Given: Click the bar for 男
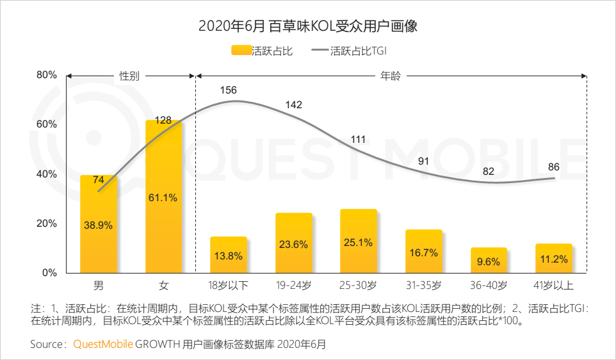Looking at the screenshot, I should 99,224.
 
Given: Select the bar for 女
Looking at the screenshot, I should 163,197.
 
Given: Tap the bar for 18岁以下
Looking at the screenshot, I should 229,255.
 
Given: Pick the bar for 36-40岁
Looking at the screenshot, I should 489,260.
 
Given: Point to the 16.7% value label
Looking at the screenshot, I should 423,253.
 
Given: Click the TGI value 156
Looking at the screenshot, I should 229,90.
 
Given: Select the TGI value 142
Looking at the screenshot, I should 294,104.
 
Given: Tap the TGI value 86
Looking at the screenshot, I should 554,167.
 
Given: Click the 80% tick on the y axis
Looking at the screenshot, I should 47,75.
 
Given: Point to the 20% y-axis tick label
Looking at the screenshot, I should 47,223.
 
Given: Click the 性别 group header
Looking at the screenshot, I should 129,76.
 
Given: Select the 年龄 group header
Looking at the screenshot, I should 391,76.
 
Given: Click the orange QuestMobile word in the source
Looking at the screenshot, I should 103,344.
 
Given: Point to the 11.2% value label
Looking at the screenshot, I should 554,259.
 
